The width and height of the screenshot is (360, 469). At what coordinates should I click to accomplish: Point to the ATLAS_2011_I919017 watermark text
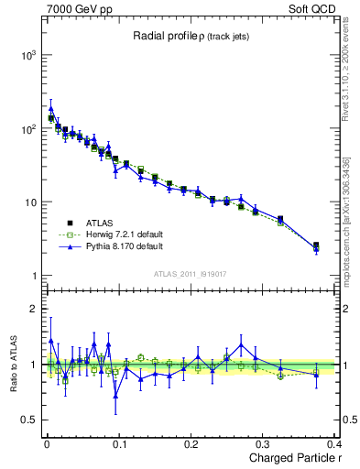click(190, 273)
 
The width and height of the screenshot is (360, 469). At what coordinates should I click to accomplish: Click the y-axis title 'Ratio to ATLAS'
click(12, 365)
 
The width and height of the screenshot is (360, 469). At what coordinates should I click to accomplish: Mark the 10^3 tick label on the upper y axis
click(28, 55)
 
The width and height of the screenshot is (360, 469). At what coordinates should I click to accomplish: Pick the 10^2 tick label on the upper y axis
click(28, 128)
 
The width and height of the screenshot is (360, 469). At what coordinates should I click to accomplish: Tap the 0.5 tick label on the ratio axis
click(27, 420)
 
